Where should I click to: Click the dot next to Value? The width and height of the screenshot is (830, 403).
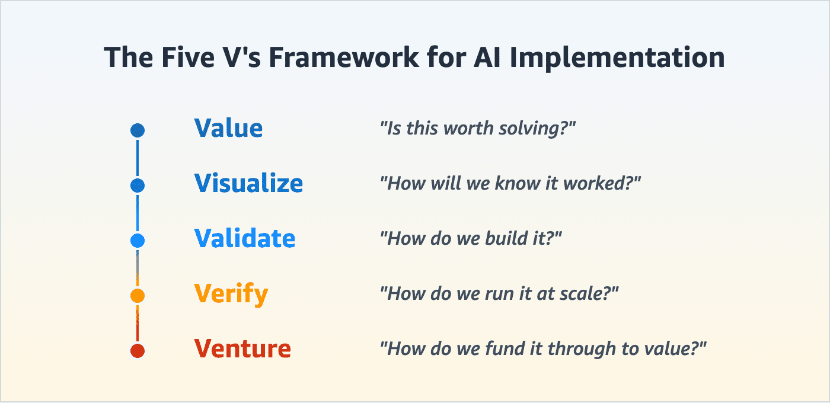tap(138, 130)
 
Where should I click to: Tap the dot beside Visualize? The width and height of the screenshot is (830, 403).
tap(138, 185)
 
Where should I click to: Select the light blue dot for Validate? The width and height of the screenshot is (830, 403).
tap(138, 241)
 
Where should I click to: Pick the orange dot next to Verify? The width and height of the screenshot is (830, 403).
tap(138, 295)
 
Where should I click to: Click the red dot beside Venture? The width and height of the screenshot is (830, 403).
tap(138, 350)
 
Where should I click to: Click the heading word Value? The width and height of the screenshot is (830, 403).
tap(228, 129)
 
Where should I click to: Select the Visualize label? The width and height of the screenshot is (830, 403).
tap(248, 184)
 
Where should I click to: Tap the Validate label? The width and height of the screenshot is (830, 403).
tap(244, 239)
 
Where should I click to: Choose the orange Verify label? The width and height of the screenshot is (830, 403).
tap(231, 294)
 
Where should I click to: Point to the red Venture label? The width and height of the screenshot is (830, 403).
tap(242, 348)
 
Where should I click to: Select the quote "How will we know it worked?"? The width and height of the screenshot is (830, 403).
tap(510, 183)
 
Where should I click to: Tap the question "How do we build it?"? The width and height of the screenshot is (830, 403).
tap(471, 238)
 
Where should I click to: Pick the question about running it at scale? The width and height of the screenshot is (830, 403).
tap(499, 293)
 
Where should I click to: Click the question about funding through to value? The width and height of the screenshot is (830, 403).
tap(544, 348)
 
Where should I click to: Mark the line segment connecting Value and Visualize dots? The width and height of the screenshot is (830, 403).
tap(138, 158)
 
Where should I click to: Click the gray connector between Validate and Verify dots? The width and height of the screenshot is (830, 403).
tap(138, 264)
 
